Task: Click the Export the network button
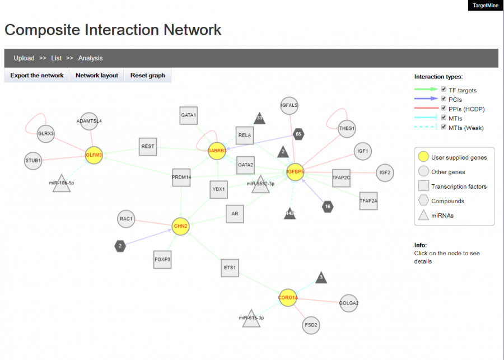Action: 37,75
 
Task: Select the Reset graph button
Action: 148,75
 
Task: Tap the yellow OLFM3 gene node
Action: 94,155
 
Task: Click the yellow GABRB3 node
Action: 217,150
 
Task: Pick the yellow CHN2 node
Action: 180,226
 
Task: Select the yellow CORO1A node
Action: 288,297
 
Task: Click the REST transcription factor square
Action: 148,147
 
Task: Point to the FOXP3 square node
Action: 162,259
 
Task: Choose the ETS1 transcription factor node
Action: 230,268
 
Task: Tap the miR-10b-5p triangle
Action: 62,184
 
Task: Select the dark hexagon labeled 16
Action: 328,207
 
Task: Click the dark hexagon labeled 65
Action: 298,134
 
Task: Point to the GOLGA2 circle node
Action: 349,303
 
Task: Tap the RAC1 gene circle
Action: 126,219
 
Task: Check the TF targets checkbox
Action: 444,90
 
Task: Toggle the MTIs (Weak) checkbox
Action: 444,127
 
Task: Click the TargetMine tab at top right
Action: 485,6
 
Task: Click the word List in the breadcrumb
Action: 56,58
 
